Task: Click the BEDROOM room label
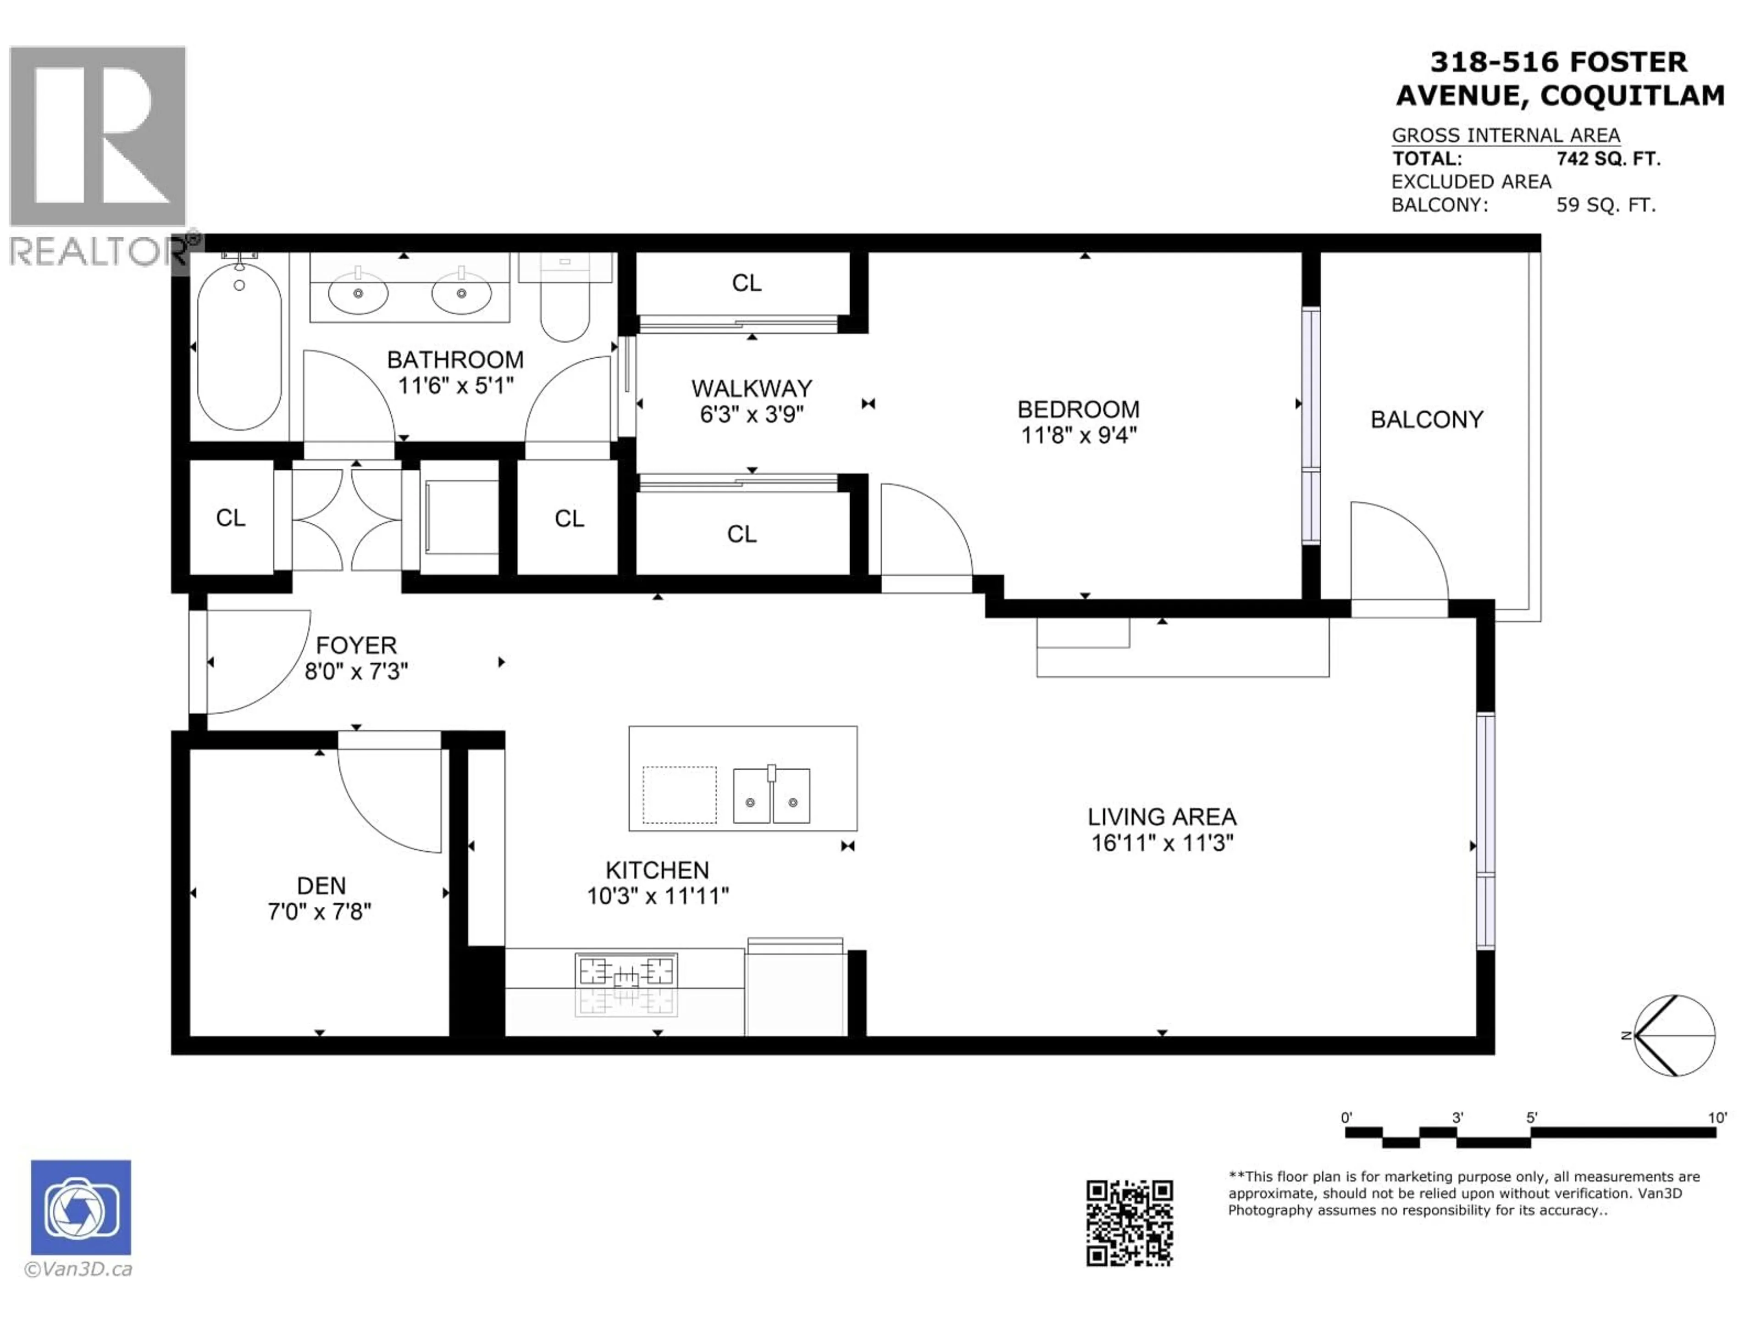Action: click(x=1078, y=409)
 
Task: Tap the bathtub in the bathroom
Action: click(x=239, y=349)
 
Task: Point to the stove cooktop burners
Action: click(x=626, y=972)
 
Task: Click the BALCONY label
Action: click(x=1427, y=420)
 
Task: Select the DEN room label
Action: click(x=321, y=885)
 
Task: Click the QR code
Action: click(x=1129, y=1223)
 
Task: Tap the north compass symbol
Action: click(x=1674, y=1035)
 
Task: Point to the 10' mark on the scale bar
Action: click(x=1717, y=1118)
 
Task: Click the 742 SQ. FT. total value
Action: click(x=1608, y=158)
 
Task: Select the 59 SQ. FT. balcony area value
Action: click(x=1606, y=205)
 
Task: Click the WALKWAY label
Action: click(x=752, y=389)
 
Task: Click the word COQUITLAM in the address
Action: click(x=1632, y=95)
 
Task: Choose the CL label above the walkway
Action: click(x=746, y=283)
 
